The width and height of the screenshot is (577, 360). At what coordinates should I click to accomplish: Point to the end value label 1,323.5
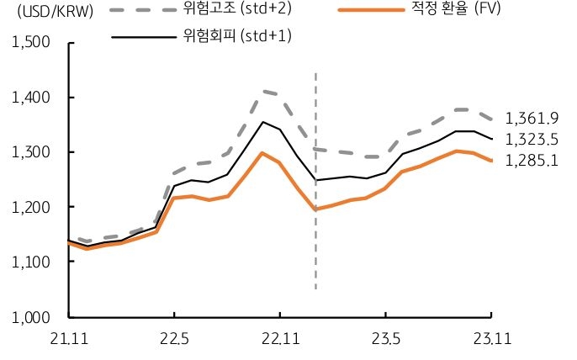pyautogui.click(x=531, y=140)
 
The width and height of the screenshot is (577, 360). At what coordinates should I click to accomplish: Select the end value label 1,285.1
pyautogui.click(x=531, y=160)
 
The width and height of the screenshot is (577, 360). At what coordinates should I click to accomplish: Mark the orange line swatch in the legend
pyautogui.click(x=371, y=11)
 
